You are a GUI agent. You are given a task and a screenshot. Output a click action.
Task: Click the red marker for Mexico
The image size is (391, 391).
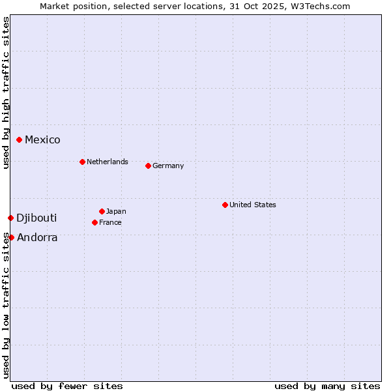(20, 139)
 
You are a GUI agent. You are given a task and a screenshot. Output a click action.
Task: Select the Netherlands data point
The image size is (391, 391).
(82, 162)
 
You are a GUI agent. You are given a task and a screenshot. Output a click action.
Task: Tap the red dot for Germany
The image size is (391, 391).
(148, 166)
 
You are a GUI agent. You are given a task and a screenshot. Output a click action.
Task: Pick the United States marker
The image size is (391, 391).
(225, 205)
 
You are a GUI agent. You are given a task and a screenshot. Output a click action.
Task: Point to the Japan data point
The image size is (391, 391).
(102, 211)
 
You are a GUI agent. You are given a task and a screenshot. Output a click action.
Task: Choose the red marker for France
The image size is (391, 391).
(95, 222)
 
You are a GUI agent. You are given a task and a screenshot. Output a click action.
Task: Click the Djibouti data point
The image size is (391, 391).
(11, 218)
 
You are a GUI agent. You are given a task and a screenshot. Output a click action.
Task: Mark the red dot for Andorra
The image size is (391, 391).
(12, 237)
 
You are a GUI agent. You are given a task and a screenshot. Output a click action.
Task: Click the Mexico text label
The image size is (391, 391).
(42, 139)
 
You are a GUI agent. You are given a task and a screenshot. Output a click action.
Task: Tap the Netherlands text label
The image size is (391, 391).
(108, 162)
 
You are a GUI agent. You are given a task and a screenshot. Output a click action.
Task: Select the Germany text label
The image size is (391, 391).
(168, 166)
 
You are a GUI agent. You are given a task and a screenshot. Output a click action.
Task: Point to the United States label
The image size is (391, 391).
(253, 205)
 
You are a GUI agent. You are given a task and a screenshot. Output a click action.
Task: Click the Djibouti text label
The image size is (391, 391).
(36, 218)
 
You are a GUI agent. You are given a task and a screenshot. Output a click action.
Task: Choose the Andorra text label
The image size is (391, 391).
(37, 237)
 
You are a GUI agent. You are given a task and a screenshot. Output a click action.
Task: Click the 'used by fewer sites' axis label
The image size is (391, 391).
(67, 386)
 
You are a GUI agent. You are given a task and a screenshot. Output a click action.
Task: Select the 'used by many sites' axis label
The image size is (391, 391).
(327, 386)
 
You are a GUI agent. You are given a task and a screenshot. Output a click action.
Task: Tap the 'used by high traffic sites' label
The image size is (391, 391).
(6, 93)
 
